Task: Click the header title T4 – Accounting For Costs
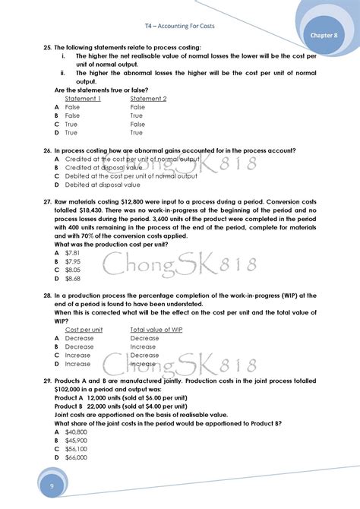(x=179, y=26)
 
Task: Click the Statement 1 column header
(x=83, y=99)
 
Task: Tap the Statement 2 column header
(x=149, y=99)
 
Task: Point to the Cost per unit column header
(x=84, y=330)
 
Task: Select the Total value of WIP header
(x=156, y=330)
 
